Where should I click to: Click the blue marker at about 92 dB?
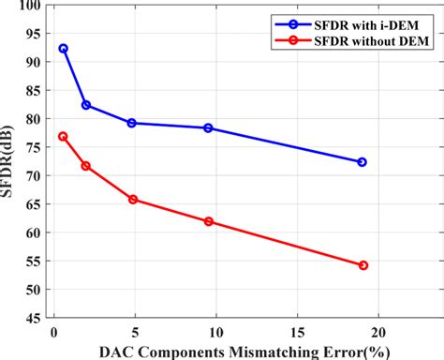pyautogui.click(x=63, y=48)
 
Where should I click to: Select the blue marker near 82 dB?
pyautogui.click(x=86, y=105)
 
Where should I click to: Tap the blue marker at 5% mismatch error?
pyautogui.click(x=132, y=123)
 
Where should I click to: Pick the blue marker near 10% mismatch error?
pyautogui.click(x=209, y=127)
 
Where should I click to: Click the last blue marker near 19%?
pyautogui.click(x=362, y=162)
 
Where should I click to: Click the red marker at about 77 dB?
pyautogui.click(x=63, y=136)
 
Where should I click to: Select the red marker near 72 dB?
pyautogui.click(x=86, y=166)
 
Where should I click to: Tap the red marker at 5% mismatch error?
pyautogui.click(x=132, y=200)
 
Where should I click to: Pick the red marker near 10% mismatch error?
pyautogui.click(x=209, y=221)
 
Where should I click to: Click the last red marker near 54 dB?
pyautogui.click(x=363, y=265)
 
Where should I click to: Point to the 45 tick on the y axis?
pyautogui.click(x=33, y=318)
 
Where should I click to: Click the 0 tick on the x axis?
pyautogui.click(x=54, y=331)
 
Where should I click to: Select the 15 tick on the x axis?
pyautogui.click(x=297, y=331)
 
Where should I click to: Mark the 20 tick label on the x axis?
pyautogui.click(x=378, y=331)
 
